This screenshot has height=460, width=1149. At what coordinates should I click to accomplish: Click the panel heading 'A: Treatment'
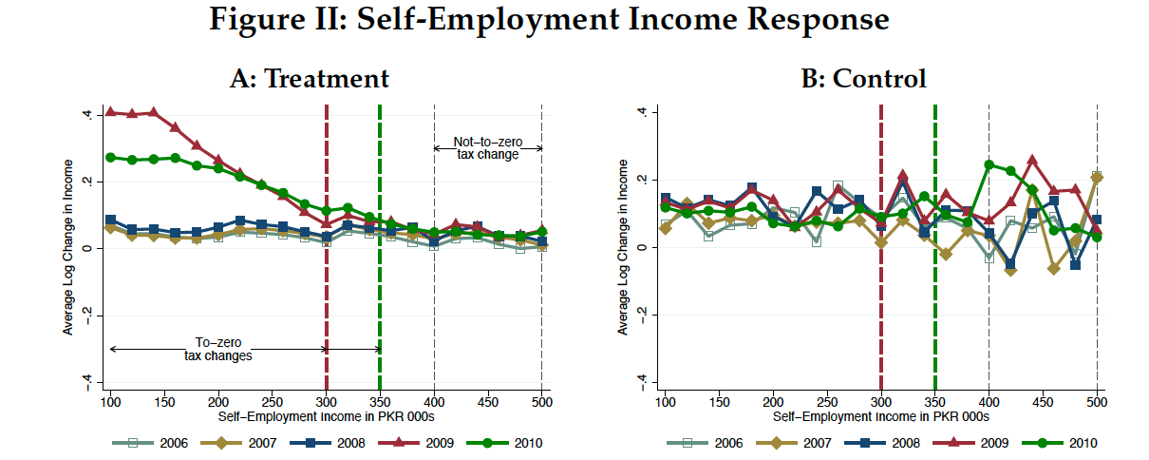[310, 78]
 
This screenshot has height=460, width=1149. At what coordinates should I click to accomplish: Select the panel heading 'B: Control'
[865, 78]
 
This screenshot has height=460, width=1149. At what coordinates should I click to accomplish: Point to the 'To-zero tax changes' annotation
[218, 350]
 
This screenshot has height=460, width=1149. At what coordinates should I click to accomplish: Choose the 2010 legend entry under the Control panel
[1068, 443]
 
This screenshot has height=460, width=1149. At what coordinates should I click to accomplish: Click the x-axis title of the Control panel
[880, 416]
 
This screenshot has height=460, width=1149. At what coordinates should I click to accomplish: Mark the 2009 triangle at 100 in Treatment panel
[110, 112]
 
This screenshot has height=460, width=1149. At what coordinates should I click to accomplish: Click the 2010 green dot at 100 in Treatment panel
[110, 157]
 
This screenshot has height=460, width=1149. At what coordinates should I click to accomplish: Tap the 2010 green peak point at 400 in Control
[989, 164]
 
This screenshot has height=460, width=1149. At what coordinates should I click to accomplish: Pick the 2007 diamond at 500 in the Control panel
[1097, 178]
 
